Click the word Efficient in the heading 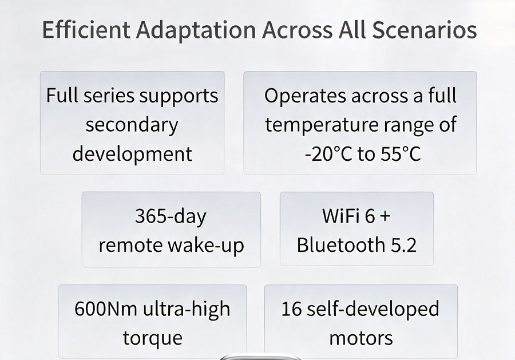86,30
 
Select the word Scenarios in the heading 425,30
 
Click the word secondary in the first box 132,125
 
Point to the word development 132,154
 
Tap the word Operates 305,96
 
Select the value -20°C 328,154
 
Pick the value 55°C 401,154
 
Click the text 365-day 171,217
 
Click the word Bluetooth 341,245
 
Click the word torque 152,338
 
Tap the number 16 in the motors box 291,308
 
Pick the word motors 361,338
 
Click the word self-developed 373,309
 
